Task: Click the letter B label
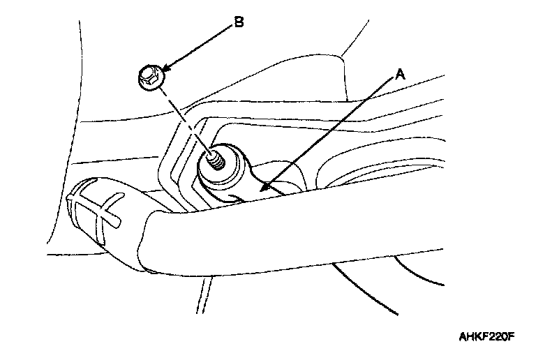pyautogui.click(x=238, y=22)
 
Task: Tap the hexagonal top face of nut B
pyautogui.click(x=147, y=72)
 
